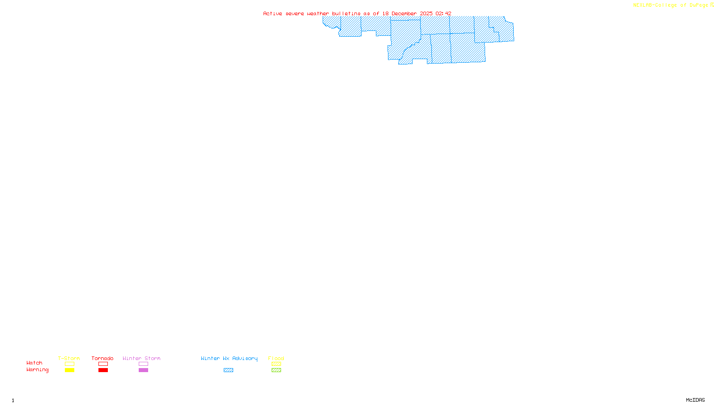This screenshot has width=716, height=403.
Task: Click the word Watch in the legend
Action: click(34, 363)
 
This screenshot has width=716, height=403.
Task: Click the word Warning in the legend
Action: click(37, 370)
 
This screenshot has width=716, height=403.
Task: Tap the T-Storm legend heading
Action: click(69, 358)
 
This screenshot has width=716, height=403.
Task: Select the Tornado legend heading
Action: click(102, 358)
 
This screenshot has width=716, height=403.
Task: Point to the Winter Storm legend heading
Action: click(141, 358)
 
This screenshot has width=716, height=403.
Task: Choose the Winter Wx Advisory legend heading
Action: click(229, 358)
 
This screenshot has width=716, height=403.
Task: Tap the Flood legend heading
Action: click(276, 358)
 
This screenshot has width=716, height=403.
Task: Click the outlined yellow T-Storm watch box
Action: click(69, 364)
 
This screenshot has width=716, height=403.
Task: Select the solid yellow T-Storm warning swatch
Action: click(69, 370)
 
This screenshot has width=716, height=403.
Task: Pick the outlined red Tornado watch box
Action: click(103, 364)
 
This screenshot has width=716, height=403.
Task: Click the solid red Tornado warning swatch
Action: click(103, 370)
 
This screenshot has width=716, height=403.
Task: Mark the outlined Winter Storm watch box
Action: click(143, 364)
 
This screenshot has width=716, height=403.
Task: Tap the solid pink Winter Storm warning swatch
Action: click(143, 370)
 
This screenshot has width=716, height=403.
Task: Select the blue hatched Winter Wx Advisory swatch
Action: click(228, 370)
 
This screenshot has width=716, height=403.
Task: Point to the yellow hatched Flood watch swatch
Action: click(276, 364)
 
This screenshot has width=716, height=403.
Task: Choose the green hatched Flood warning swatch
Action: click(276, 370)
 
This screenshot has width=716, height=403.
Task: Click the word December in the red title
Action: click(404, 14)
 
